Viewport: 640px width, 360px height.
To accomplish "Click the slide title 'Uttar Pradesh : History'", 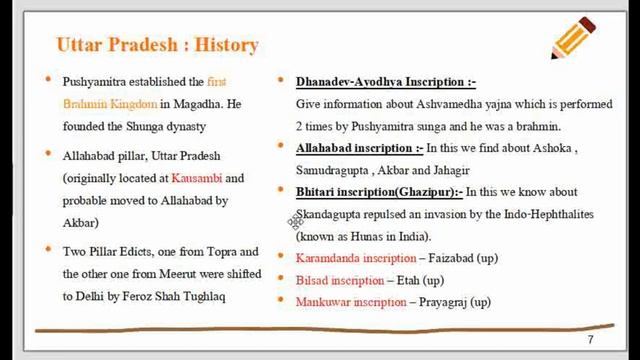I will tap(157, 45).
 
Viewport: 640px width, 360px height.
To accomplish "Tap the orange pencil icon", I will tap(574, 39).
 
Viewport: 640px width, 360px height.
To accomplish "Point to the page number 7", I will tap(590, 340).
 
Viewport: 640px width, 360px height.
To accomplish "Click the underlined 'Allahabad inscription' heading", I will tap(354, 148).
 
